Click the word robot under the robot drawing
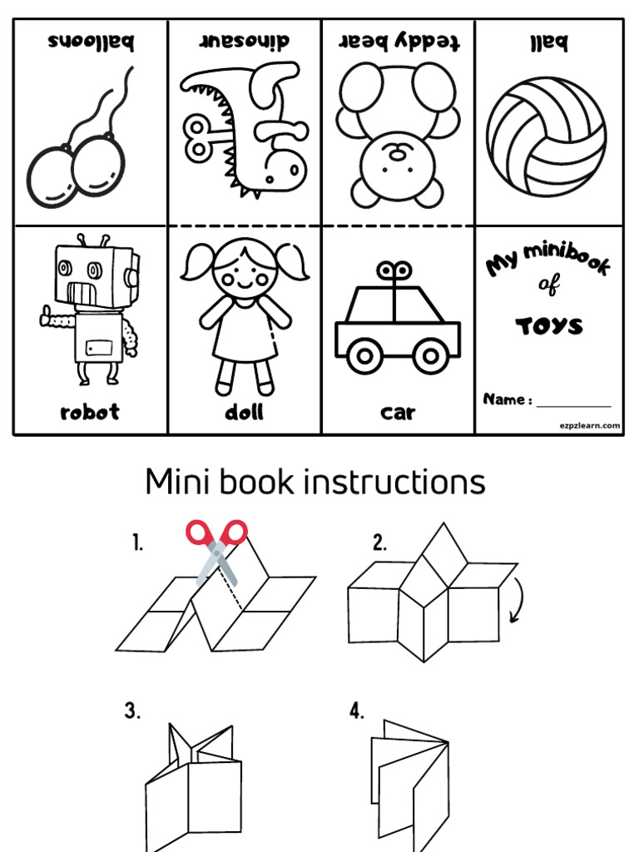[90, 412]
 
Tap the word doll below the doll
[244, 412]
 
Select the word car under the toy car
[398, 412]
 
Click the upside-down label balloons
[91, 42]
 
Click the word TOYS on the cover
[549, 325]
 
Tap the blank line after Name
[573, 404]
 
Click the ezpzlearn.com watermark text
[589, 425]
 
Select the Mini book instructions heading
[315, 482]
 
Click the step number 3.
[132, 711]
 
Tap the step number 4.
[356, 711]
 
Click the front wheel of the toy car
[364, 356]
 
